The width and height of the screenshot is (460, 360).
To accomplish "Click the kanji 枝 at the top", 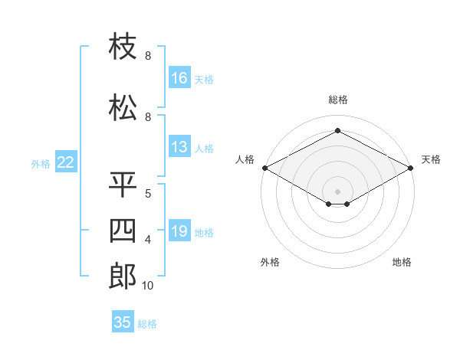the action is click(x=123, y=46).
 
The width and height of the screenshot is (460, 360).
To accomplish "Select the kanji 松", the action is click(x=123, y=107).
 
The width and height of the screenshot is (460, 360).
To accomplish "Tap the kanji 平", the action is click(x=123, y=185).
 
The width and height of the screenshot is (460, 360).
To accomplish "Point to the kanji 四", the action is click(x=123, y=231).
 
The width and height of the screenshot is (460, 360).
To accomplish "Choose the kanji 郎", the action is click(x=123, y=277).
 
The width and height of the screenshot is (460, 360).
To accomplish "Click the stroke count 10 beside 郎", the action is click(x=147, y=286).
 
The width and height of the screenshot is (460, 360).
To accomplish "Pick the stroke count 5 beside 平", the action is click(x=148, y=194).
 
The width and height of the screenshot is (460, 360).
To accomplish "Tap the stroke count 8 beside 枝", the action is click(x=148, y=55).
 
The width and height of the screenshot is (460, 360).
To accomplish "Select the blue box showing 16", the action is click(x=179, y=77).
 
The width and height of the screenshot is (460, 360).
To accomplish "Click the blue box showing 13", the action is click(x=179, y=146).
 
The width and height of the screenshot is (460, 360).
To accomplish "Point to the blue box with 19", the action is click(x=179, y=230).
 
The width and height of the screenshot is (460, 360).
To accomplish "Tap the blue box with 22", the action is click(x=66, y=162).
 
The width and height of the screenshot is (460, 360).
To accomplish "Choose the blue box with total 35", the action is click(x=123, y=321).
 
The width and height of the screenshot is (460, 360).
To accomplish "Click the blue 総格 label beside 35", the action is click(x=147, y=324).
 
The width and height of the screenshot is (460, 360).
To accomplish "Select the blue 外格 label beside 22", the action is click(x=41, y=164).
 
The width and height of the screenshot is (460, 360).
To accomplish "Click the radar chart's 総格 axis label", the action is click(x=338, y=100).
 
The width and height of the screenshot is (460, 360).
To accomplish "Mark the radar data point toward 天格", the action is click(x=411, y=168).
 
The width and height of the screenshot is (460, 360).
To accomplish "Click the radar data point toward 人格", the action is click(x=265, y=168).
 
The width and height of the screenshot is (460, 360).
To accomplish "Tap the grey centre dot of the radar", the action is click(x=337, y=191).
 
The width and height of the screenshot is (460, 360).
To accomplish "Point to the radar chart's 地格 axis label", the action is click(x=402, y=262).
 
